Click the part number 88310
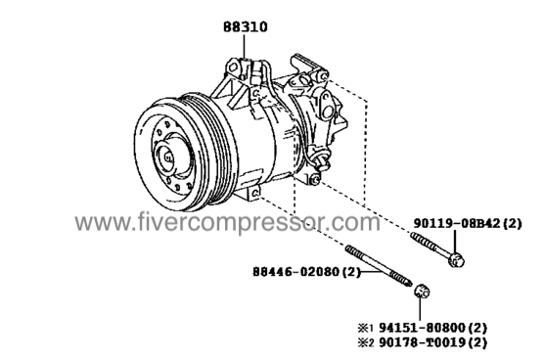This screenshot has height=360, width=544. (245, 27)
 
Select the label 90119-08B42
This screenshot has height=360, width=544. (458, 224)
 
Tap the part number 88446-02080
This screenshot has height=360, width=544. (295, 272)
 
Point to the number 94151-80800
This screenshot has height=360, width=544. (422, 327)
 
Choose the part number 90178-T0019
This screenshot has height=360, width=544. (422, 342)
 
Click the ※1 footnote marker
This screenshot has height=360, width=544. (365, 328)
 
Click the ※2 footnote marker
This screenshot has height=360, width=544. (366, 343)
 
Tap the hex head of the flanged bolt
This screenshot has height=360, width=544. (456, 260)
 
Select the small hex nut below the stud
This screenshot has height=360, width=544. (422, 291)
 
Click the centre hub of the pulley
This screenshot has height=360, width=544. (168, 157)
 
